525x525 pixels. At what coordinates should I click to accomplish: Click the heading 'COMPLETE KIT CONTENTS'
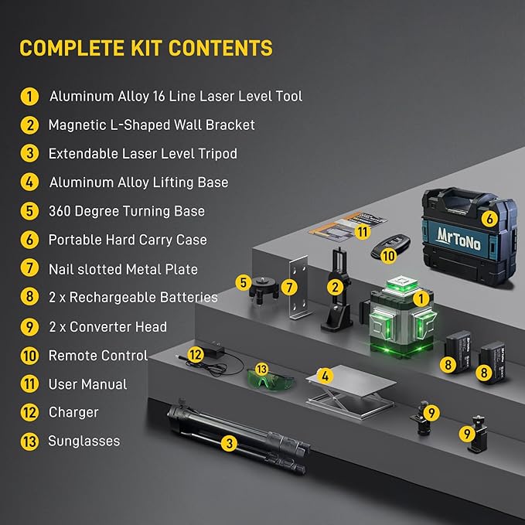point(146,48)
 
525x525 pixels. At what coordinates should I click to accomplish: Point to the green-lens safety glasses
point(271,379)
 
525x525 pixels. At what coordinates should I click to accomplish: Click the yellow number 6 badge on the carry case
point(488,219)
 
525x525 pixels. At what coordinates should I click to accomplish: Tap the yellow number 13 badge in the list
point(29,441)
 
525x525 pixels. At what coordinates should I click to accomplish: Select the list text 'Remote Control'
point(97,356)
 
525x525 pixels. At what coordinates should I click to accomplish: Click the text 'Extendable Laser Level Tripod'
point(142,153)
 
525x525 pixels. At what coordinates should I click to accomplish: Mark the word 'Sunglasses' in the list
point(84,441)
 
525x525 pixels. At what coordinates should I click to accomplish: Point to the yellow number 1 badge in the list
point(29,97)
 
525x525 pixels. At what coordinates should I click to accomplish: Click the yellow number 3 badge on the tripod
point(229,444)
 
